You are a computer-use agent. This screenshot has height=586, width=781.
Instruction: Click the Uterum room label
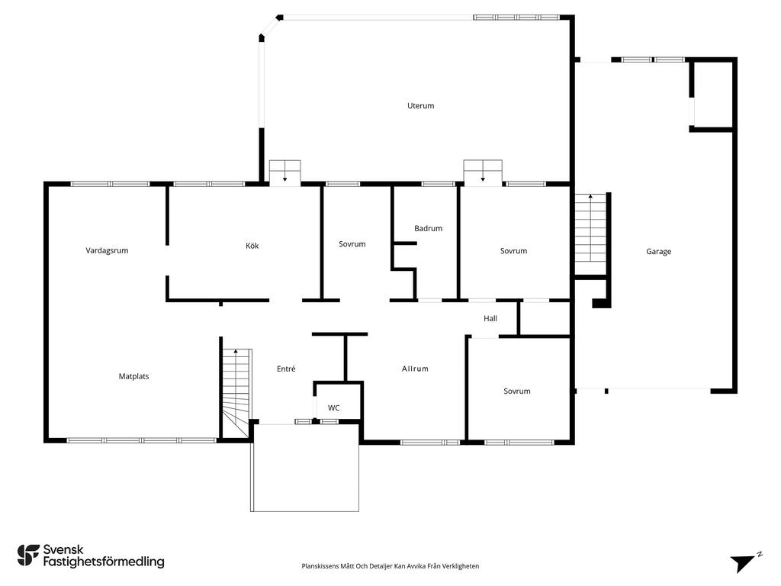tap(420, 105)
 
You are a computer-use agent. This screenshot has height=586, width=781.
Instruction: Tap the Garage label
tap(658, 252)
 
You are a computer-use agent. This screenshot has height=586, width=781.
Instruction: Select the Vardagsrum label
tap(107, 250)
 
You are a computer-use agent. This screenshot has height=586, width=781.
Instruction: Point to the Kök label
tap(252, 246)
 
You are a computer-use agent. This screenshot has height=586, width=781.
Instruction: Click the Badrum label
tap(429, 228)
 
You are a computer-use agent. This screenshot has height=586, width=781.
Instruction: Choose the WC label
tap(334, 407)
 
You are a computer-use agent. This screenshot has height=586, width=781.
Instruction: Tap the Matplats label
tap(134, 376)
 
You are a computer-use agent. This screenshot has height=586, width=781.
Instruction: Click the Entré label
tap(286, 369)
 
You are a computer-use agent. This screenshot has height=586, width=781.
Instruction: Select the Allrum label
tap(415, 369)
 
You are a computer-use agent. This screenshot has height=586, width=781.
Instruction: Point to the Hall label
tap(490, 318)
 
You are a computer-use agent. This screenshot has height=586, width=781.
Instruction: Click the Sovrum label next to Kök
tap(352, 244)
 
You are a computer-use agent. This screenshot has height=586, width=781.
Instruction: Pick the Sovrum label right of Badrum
tap(513, 250)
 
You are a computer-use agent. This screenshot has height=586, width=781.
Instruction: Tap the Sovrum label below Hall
tap(517, 391)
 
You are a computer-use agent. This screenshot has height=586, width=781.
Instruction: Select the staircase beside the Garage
tap(591, 233)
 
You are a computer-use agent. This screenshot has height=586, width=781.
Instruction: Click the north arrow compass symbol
tap(745, 562)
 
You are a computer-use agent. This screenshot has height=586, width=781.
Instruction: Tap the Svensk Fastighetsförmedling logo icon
tap(28, 555)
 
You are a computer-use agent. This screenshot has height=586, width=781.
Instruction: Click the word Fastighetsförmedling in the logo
tap(104, 562)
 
